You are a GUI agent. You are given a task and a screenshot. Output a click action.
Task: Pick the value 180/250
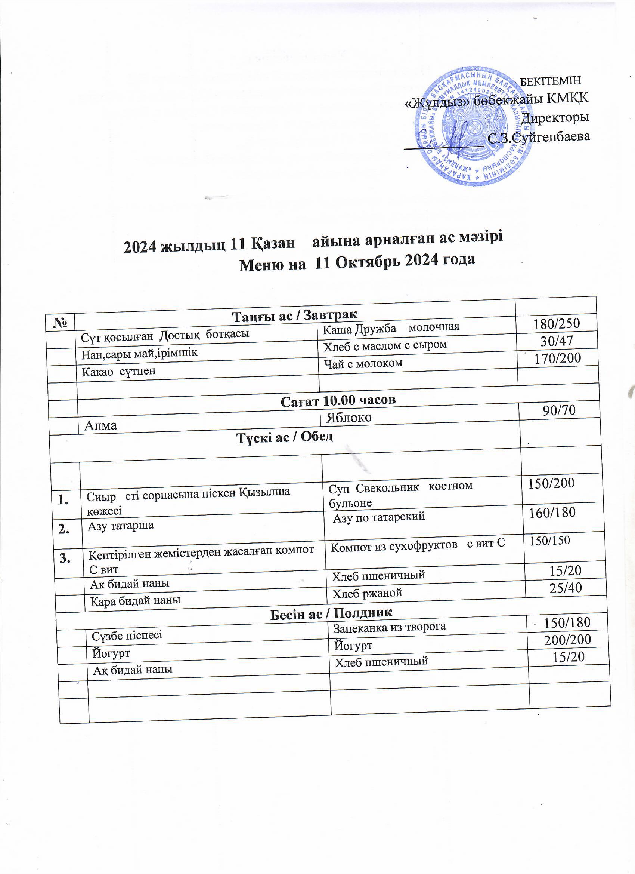(x=556, y=323)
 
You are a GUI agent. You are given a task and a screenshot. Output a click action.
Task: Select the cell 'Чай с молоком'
(x=363, y=363)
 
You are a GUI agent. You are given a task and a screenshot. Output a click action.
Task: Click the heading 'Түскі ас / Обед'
(x=285, y=437)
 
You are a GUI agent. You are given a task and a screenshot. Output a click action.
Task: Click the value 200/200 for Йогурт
(x=567, y=640)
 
